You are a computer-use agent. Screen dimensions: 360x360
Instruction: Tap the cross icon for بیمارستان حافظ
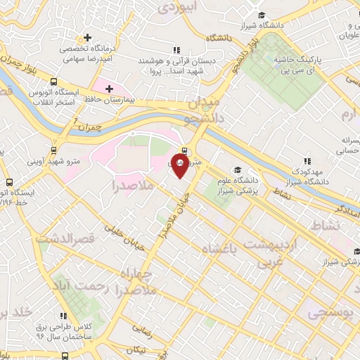pyautogui.click(x=108, y=88)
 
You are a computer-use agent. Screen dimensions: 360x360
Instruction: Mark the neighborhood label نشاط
pyautogui.click(x=329, y=224)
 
